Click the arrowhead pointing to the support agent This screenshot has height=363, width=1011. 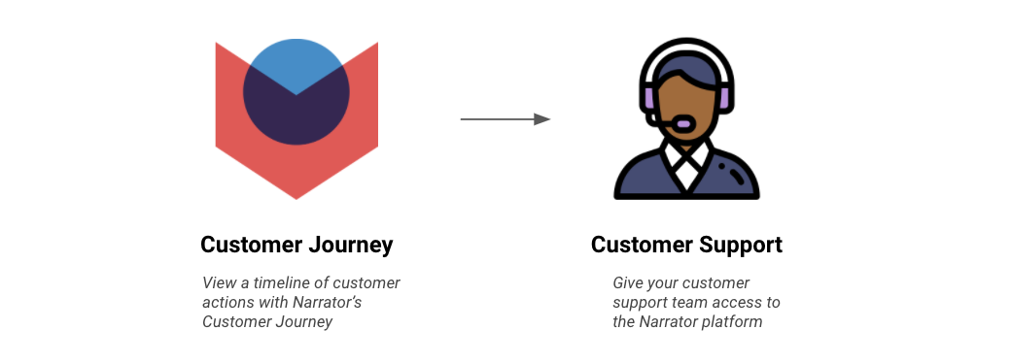[x=542, y=119]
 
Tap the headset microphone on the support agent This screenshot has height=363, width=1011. [x=681, y=122]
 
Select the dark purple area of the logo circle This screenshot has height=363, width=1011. [x=296, y=115]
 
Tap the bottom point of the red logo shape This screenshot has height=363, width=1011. [x=296, y=199]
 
